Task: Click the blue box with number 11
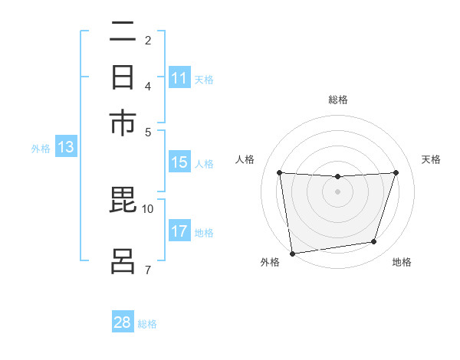tap(179, 78)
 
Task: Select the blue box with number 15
tap(179, 162)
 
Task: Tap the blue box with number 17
tap(179, 231)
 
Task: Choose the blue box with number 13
tap(66, 148)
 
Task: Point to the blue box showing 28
tap(123, 322)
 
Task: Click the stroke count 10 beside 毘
tap(148, 208)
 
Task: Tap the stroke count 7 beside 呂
tap(148, 269)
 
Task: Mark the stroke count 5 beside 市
tap(148, 132)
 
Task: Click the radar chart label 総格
tap(338, 100)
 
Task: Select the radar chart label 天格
tap(431, 159)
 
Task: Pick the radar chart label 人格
tap(245, 159)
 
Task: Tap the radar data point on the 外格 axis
tap(291, 253)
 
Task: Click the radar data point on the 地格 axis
tap(374, 242)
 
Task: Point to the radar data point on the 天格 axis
tap(396, 172)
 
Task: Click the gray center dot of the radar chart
tap(338, 191)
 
